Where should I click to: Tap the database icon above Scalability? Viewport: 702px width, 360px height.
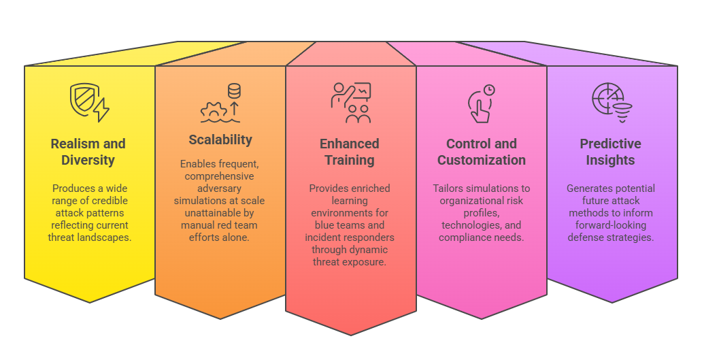[x=234, y=91]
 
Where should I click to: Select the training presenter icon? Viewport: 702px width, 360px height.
[x=350, y=102]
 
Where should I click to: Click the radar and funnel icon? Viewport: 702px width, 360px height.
[x=612, y=102]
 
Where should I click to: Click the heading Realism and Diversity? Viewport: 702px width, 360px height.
[x=88, y=152]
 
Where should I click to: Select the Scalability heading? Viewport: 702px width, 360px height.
[x=220, y=140]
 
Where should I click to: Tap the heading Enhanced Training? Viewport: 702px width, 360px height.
[x=350, y=152]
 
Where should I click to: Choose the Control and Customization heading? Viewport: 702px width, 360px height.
[x=482, y=152]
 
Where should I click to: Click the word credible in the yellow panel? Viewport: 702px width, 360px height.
[x=111, y=201]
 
